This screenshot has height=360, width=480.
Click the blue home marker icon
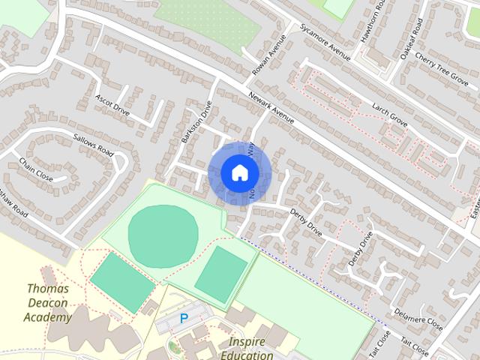click(x=239, y=172)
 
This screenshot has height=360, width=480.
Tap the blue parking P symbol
click(x=184, y=319)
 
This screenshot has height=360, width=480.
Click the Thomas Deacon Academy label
click(x=48, y=302)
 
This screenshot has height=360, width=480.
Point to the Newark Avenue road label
click(x=271, y=108)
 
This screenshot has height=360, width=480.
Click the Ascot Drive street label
click(x=112, y=106)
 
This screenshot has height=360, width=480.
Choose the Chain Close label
click(x=36, y=170)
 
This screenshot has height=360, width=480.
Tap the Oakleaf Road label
click(x=412, y=38)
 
